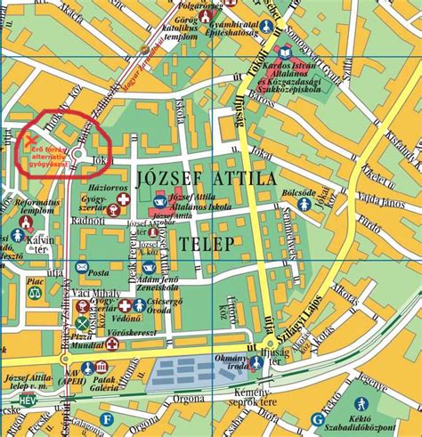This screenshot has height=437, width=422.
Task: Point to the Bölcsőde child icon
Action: pyautogui.click(x=304, y=204)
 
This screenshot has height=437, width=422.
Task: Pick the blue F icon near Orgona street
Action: pyautogui.click(x=108, y=419)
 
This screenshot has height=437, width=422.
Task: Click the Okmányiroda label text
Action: pyautogui.click(x=245, y=365)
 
